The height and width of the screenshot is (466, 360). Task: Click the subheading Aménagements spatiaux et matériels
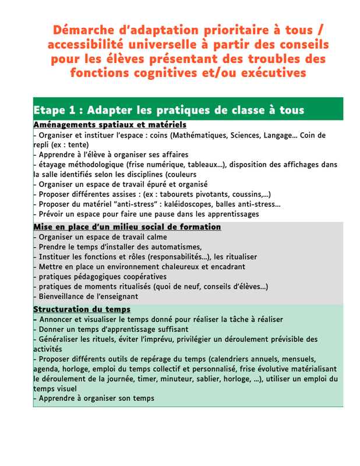[110, 125]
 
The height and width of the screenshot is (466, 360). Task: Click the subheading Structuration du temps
[82, 309]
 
